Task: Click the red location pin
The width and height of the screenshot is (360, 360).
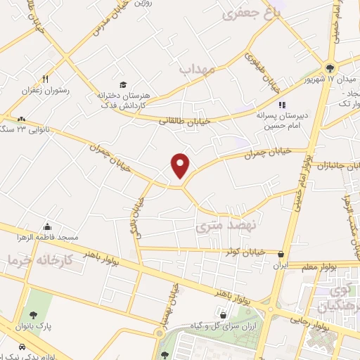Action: [181, 165]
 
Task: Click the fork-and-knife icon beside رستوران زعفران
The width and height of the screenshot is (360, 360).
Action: [45, 79]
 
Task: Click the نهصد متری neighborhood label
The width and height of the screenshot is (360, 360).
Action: [220, 228]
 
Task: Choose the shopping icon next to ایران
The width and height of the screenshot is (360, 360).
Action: [281, 255]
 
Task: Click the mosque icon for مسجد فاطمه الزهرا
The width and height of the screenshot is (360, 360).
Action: [48, 226]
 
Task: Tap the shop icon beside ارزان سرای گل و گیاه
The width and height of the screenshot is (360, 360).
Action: [222, 314]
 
